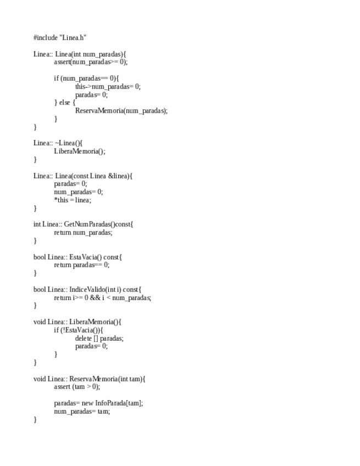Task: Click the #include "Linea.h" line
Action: point(60,38)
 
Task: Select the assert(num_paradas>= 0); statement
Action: point(91,62)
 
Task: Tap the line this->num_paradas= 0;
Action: point(108,86)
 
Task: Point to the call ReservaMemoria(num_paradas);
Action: point(121,110)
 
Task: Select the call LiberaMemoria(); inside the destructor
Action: point(79,151)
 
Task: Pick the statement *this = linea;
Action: point(73,200)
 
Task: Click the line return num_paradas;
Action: point(83,232)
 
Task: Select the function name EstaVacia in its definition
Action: point(83,257)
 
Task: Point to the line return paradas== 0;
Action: point(81,265)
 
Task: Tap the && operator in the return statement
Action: point(95,298)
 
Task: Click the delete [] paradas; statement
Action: point(99,339)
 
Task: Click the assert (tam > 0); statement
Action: point(77,387)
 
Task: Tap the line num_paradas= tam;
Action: point(81,411)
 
